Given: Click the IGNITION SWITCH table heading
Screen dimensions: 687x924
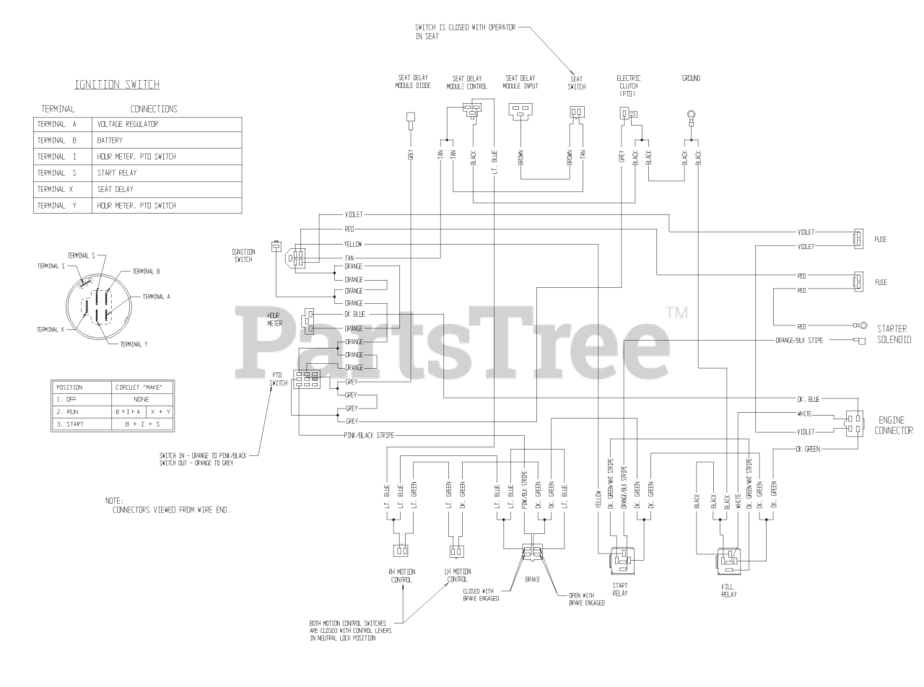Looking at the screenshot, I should [118, 85].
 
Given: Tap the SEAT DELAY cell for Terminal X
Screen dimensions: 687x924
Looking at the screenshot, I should [114, 190].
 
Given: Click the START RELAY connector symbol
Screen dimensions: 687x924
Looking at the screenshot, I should [620, 559].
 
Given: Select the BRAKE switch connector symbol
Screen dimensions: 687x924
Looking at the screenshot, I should [533, 554].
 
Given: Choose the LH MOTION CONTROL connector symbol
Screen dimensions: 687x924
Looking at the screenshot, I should [456, 552].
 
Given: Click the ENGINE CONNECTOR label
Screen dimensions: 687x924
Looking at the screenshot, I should [896, 425].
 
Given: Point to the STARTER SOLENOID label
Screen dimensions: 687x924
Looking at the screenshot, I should [893, 333].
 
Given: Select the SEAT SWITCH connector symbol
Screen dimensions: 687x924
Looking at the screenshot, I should [577, 112].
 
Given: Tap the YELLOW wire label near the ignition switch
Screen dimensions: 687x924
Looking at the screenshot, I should [354, 244].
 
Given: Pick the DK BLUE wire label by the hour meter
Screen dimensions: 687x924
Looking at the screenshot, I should [354, 314].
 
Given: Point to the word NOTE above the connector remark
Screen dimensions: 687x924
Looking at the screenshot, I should [114, 500].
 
